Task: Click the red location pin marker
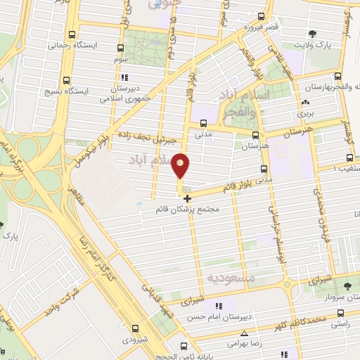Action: coord(181,166)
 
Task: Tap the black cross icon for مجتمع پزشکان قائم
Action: coord(186,199)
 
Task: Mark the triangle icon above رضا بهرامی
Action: coord(244,334)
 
